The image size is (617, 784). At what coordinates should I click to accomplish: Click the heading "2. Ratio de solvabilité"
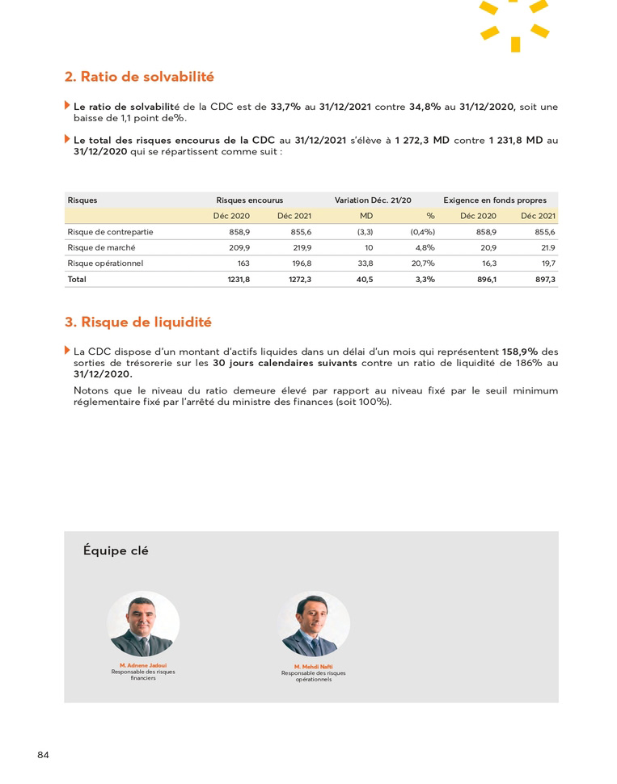tap(139, 78)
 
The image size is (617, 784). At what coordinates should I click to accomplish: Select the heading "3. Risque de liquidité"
tap(138, 322)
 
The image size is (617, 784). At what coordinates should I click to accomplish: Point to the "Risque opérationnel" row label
tap(105, 263)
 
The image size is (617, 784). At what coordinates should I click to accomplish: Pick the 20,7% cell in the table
tap(423, 263)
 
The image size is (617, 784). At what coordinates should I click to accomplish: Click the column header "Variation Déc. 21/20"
tap(373, 200)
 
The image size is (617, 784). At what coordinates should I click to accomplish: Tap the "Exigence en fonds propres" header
tap(495, 200)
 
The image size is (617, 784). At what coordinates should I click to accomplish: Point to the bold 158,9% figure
tap(519, 352)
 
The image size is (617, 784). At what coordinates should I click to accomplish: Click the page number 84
tap(43, 755)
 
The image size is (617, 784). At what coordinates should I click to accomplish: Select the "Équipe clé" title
tap(116, 551)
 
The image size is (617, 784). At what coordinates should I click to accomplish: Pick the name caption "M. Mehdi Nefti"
tap(314, 667)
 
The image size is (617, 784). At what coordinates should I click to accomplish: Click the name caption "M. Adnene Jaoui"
tap(143, 665)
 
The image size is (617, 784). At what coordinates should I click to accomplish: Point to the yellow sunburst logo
tap(514, 24)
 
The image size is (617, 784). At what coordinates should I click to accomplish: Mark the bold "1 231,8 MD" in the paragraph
tap(516, 141)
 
